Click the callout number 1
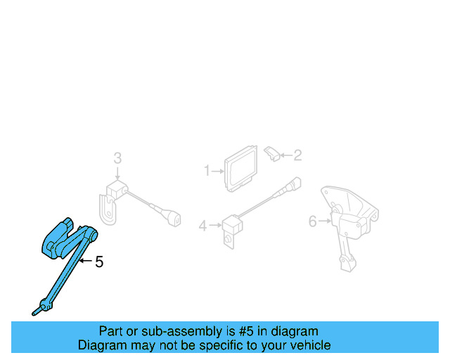click(207, 170)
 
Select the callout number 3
click(117, 158)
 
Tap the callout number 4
click(202, 226)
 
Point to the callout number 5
click(99, 262)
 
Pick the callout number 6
click(313, 222)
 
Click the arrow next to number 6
click(325, 222)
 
